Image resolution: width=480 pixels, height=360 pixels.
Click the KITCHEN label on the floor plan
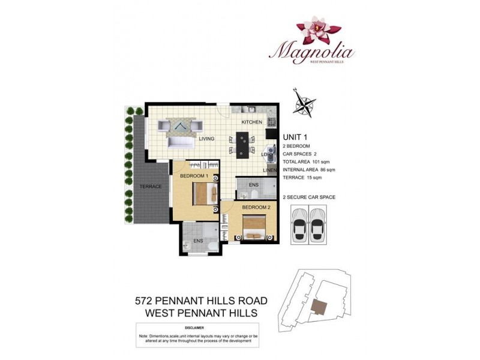tap(252, 122)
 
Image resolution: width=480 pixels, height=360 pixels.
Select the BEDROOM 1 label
tap(194, 176)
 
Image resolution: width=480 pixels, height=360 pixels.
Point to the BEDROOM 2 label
tap(255, 207)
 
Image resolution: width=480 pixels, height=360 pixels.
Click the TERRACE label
tap(151, 187)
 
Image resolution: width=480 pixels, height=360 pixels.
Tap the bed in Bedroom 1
tap(203, 193)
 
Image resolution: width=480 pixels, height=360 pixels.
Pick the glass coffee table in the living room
tap(180, 125)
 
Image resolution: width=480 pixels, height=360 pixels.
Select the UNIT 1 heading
tap(295, 137)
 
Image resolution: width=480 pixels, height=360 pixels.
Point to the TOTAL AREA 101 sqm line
tap(307, 162)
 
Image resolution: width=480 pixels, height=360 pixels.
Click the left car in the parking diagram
tap(300, 224)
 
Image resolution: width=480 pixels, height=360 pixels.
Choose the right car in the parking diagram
tap(319, 224)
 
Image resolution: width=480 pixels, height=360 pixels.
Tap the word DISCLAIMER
tap(196, 328)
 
